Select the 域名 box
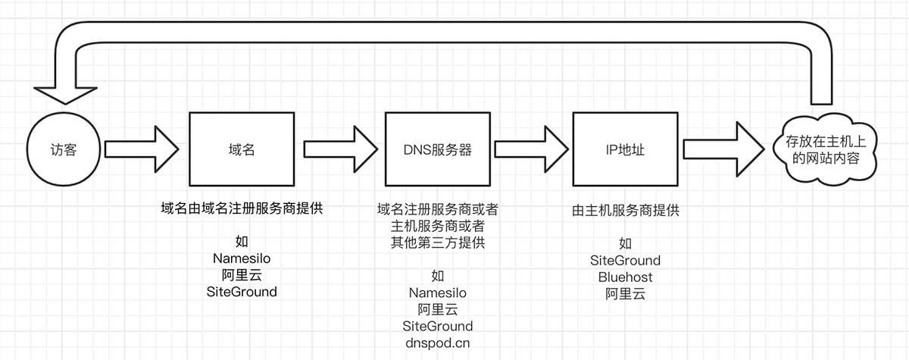[241, 149]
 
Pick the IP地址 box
[625, 149]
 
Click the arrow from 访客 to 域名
[141, 149]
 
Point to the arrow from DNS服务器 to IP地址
[531, 149]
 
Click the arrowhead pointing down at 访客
[63, 92]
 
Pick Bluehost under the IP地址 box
[625, 277]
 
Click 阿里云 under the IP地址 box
[625, 294]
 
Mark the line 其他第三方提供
[437, 243]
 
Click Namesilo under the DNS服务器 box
[437, 293]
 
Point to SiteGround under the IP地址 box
[625, 260]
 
